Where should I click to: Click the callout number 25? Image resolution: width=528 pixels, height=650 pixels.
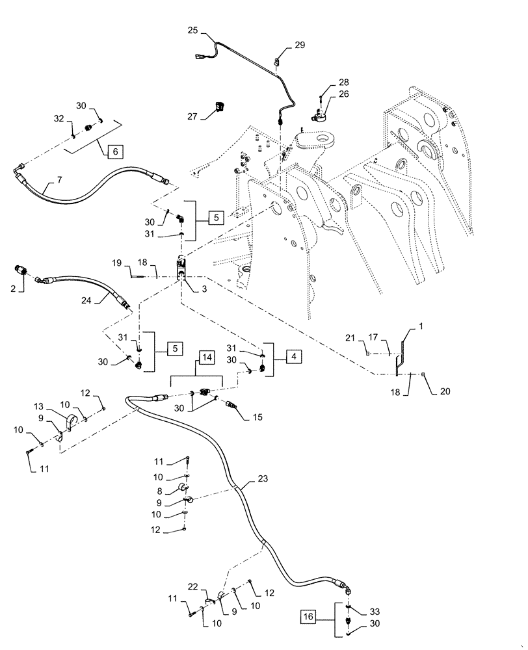[192, 31]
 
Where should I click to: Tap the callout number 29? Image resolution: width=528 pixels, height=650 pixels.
[299, 45]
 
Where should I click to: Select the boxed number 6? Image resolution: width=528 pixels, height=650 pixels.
[116, 151]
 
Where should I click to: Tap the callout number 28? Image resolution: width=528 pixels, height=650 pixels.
[343, 83]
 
